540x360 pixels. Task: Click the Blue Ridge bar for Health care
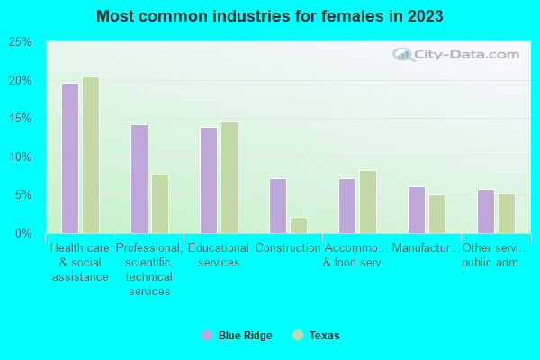click(x=70, y=158)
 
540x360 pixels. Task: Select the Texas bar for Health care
click(x=91, y=155)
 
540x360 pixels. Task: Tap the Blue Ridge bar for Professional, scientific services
click(x=139, y=179)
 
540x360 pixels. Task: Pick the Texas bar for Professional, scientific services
click(x=160, y=203)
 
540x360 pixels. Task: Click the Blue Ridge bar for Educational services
click(x=209, y=180)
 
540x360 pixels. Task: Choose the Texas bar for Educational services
click(x=229, y=177)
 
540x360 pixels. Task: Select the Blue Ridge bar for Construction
click(x=278, y=206)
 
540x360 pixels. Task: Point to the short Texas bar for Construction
click(x=299, y=225)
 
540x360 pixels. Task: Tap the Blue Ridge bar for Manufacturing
click(x=417, y=210)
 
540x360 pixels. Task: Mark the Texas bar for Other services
click(x=507, y=213)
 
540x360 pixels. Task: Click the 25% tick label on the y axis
click(x=21, y=42)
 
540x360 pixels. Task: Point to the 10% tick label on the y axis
click(x=21, y=157)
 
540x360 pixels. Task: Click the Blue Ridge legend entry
click(x=237, y=336)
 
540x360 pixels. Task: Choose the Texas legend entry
click(x=317, y=336)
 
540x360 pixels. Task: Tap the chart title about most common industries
click(x=270, y=16)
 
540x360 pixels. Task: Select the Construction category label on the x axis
click(x=288, y=248)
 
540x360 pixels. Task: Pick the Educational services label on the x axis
click(x=219, y=256)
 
